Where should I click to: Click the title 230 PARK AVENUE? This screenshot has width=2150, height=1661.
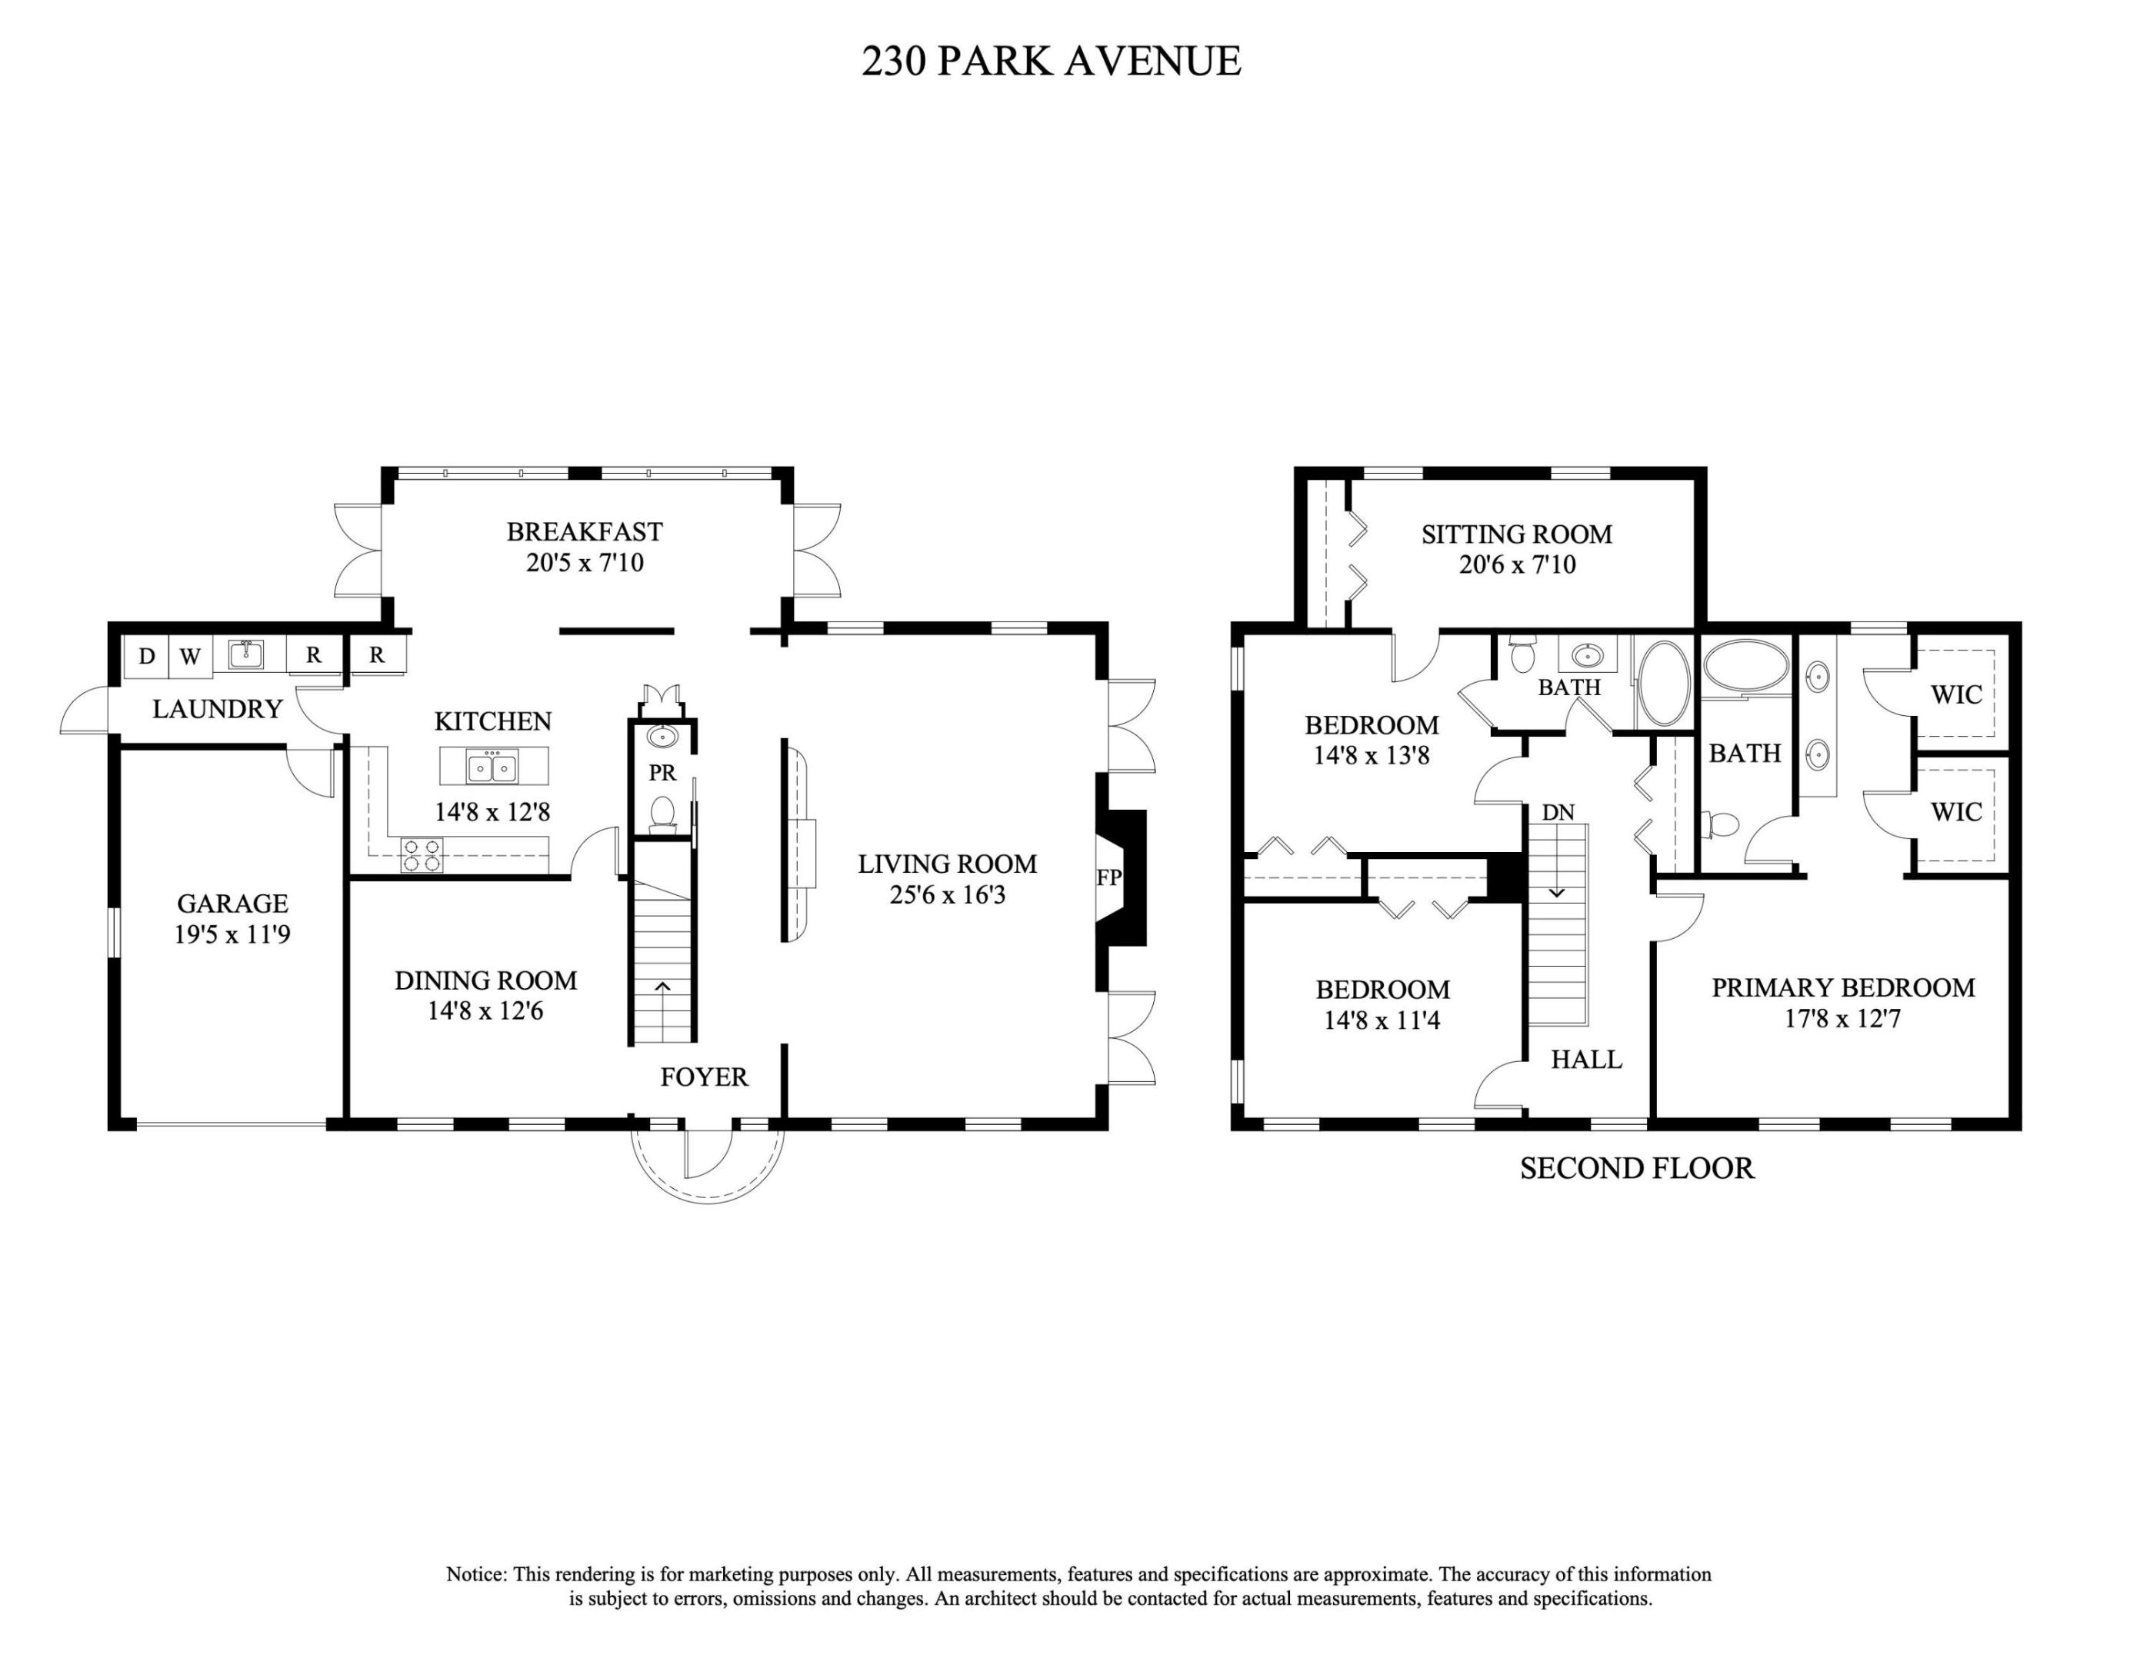pyautogui.click(x=1051, y=61)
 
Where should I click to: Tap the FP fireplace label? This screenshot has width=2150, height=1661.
pyautogui.click(x=1108, y=877)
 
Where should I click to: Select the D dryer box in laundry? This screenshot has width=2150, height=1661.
pyautogui.click(x=147, y=657)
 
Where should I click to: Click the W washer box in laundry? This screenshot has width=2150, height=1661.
pyautogui.click(x=190, y=657)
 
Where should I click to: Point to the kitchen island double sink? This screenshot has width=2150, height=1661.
pyautogui.click(x=493, y=767)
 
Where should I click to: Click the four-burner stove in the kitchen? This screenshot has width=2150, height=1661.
pyautogui.click(x=422, y=854)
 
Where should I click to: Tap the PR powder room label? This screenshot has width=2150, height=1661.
pyautogui.click(x=662, y=774)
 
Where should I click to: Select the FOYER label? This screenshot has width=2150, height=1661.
pyautogui.click(x=704, y=1077)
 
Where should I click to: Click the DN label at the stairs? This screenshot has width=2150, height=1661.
pyautogui.click(x=1558, y=813)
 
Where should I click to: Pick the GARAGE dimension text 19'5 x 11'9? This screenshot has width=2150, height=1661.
pyautogui.click(x=232, y=934)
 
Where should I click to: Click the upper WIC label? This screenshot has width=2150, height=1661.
pyautogui.click(x=1956, y=694)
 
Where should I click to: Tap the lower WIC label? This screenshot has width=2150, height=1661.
pyautogui.click(x=1956, y=812)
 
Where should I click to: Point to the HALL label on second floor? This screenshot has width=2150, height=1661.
pyautogui.click(x=1586, y=1060)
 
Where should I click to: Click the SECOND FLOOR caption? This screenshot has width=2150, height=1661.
pyautogui.click(x=1636, y=1169)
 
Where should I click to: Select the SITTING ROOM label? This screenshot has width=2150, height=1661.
pyautogui.click(x=1516, y=534)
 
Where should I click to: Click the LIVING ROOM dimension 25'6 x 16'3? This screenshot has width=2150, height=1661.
pyautogui.click(x=947, y=895)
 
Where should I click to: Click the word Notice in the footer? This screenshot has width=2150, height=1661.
pyautogui.click(x=476, y=1573)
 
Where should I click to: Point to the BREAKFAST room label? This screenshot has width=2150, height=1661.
pyautogui.click(x=585, y=531)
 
